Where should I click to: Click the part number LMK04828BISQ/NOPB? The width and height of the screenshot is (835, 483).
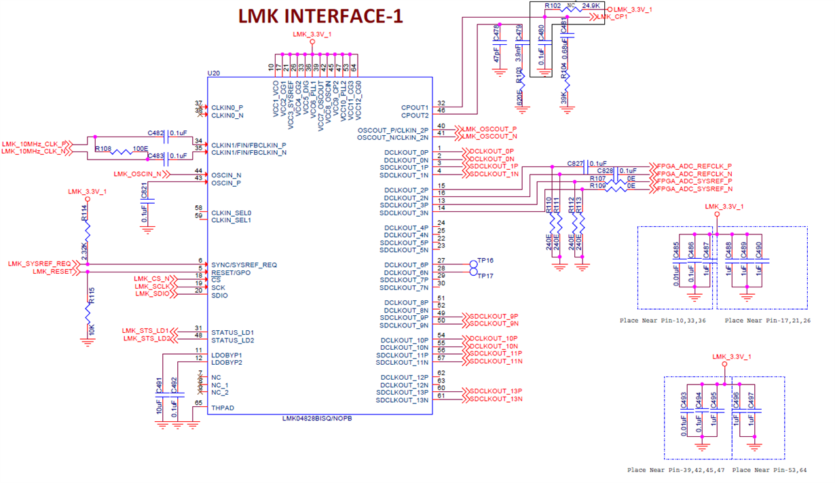click(x=317, y=418)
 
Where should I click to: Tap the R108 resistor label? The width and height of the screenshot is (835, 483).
click(x=103, y=148)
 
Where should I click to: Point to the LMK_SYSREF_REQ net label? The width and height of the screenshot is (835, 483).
click(x=39, y=264)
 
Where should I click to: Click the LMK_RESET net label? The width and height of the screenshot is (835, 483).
click(x=52, y=272)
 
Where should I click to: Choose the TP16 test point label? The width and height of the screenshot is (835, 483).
click(x=485, y=261)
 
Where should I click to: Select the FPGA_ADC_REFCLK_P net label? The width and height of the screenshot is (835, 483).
click(x=694, y=166)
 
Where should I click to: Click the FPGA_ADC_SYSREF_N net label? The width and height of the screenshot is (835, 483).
click(x=694, y=189)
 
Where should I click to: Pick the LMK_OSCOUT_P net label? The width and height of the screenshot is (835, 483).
click(x=489, y=129)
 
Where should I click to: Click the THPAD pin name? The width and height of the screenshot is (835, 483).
click(x=223, y=408)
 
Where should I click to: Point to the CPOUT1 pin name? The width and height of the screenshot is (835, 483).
click(x=415, y=107)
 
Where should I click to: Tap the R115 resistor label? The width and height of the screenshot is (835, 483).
click(x=91, y=295)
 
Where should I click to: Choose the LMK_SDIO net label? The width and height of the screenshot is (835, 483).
click(x=151, y=293)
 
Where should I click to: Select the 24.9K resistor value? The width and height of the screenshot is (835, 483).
click(x=591, y=6)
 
